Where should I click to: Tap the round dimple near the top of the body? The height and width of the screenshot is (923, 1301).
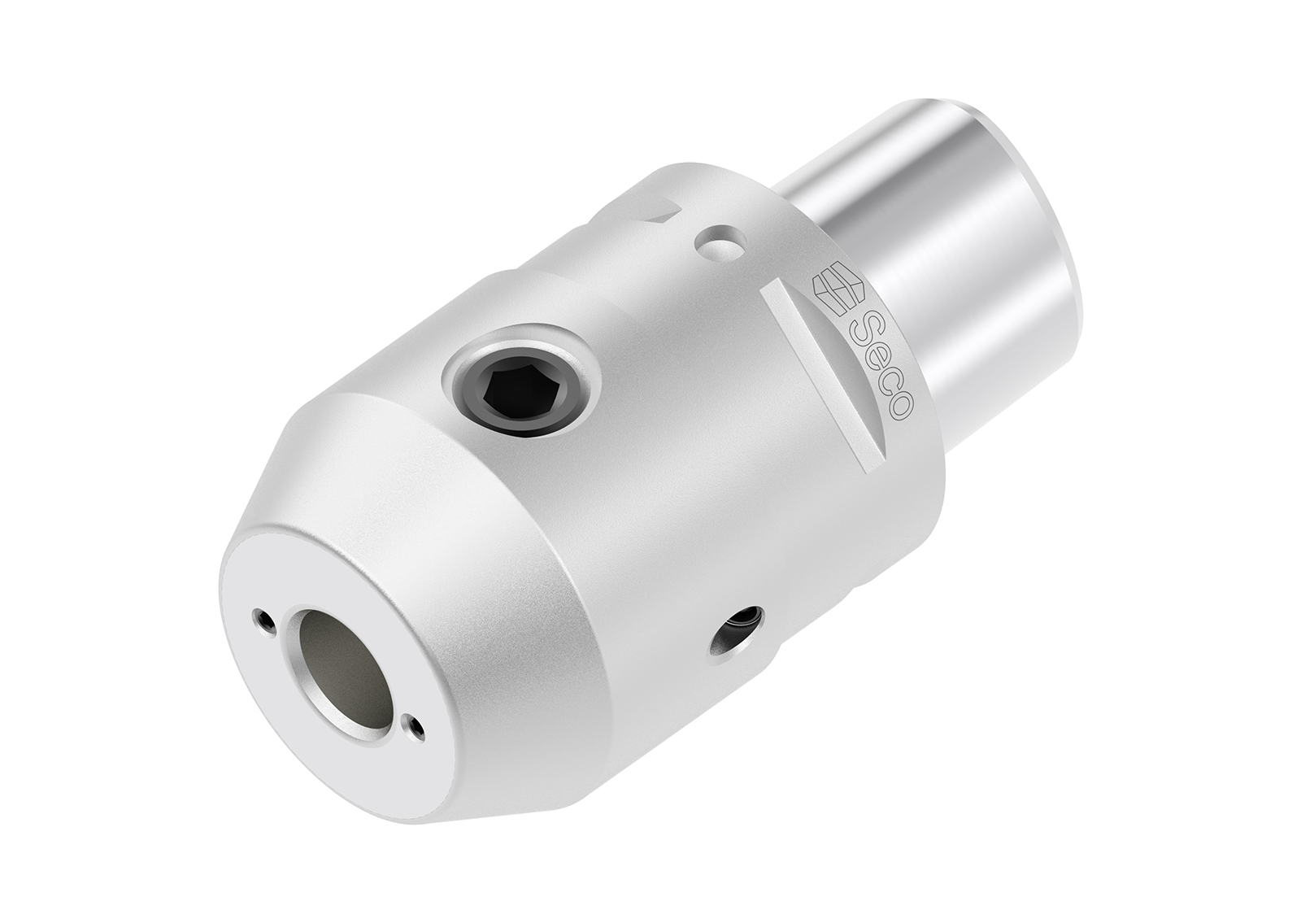[x=718, y=242]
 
